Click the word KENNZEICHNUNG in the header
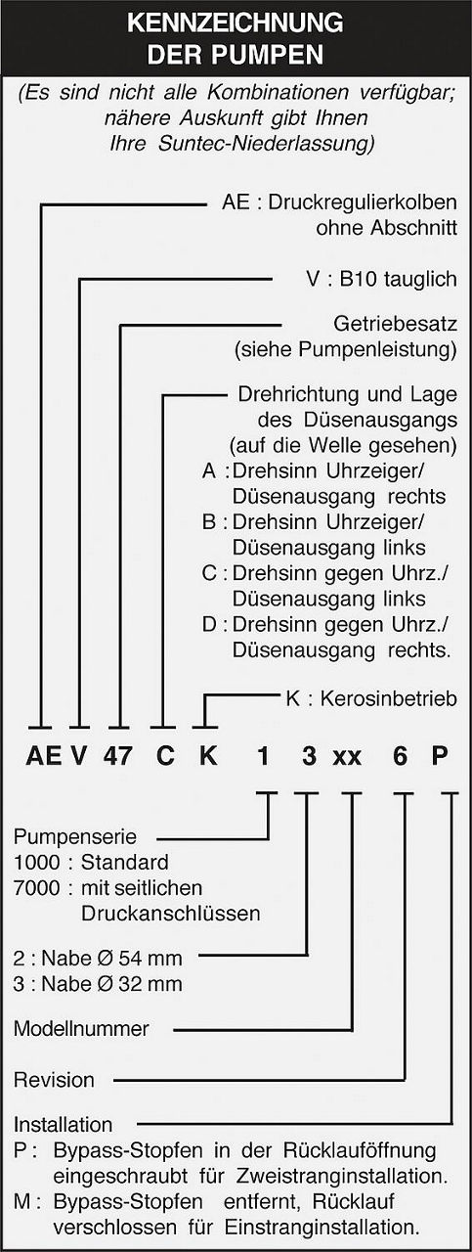click(x=236, y=23)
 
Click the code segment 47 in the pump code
click(x=118, y=756)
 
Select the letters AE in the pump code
click(x=44, y=756)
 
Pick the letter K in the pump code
click(x=208, y=756)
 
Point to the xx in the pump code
click(x=347, y=759)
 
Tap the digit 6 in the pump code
click(x=400, y=756)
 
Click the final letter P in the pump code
click(x=440, y=756)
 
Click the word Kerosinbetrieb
click(x=389, y=698)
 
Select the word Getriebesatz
click(x=396, y=324)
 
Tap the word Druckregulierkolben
click(x=363, y=202)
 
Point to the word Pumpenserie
click(x=75, y=836)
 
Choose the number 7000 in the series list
click(x=36, y=888)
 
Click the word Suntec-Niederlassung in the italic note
click(x=266, y=144)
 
